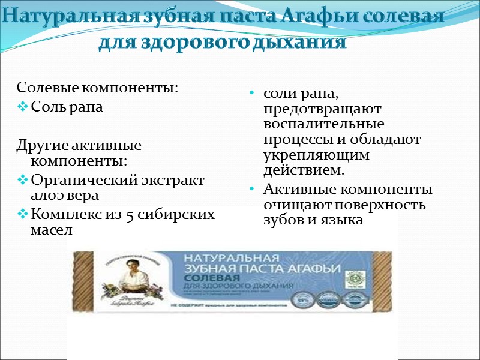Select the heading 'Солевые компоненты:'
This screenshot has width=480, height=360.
(98, 88)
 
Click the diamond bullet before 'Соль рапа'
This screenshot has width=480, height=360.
(23, 108)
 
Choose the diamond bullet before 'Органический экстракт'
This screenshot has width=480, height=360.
(23, 180)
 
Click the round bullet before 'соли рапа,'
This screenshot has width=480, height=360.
(252, 94)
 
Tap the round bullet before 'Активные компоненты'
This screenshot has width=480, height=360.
(252, 190)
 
